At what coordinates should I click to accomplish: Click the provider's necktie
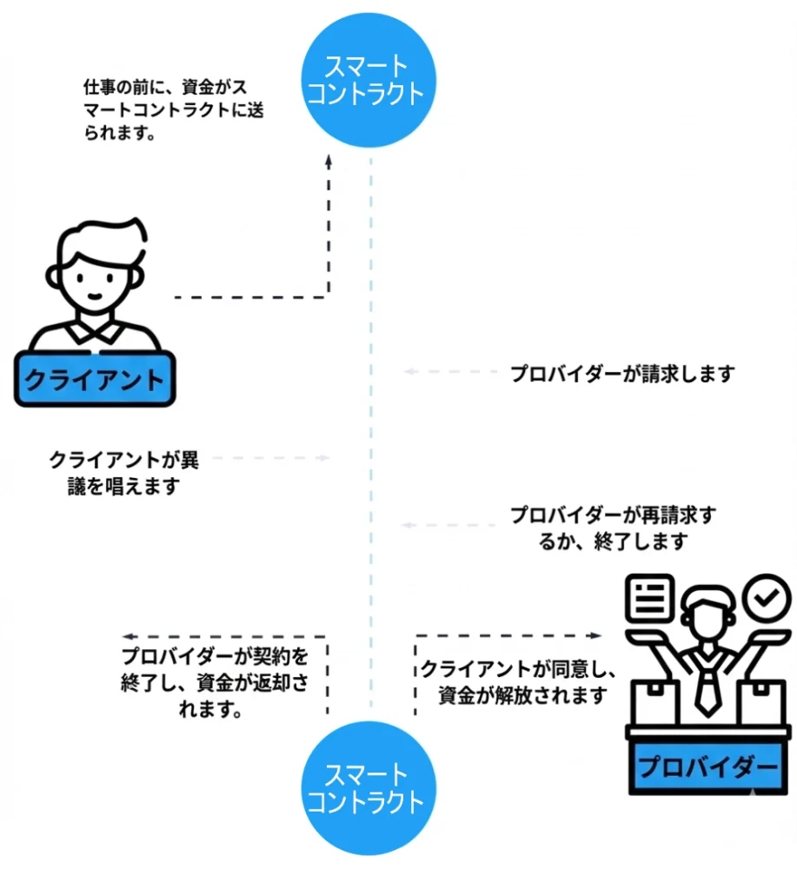(707, 686)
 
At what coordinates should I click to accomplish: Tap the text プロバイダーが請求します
(622, 374)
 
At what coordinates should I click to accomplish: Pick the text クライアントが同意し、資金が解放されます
(520, 682)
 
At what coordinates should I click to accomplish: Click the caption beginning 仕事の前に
(165, 110)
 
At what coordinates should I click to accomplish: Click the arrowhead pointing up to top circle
(329, 161)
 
